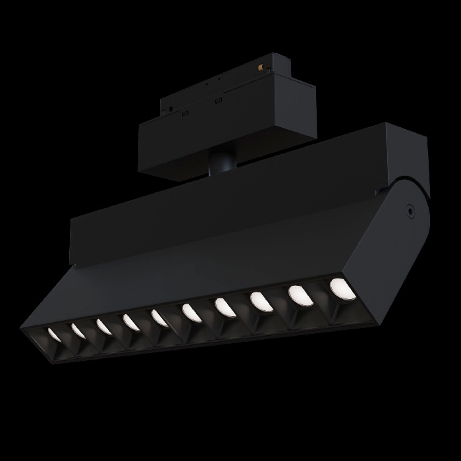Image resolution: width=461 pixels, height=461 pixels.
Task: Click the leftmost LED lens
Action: [53, 335]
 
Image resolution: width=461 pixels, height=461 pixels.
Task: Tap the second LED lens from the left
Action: [78, 331]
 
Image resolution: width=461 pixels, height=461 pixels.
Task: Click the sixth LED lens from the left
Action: [191, 312]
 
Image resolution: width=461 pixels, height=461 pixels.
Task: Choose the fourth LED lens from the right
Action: [225, 307]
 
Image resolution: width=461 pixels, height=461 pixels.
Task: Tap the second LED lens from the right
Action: [298, 295]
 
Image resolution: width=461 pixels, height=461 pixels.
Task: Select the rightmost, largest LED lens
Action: [339, 288]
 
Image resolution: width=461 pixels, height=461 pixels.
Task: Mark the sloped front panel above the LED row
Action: [217, 263]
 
